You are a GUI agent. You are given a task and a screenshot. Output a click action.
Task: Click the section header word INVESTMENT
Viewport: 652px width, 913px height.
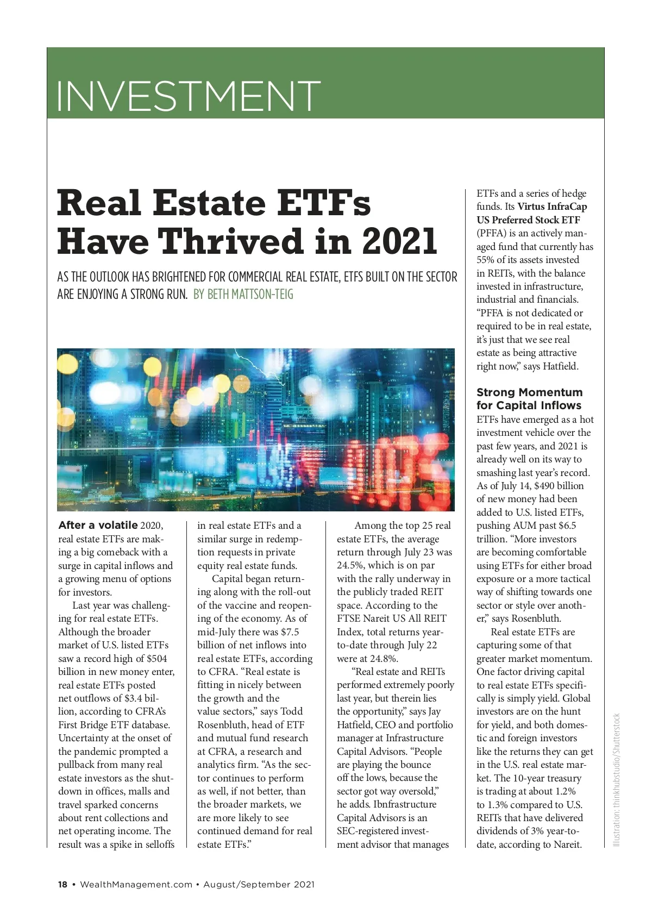click(x=188, y=96)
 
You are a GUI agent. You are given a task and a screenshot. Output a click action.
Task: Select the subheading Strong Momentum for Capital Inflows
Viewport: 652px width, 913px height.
click(x=529, y=399)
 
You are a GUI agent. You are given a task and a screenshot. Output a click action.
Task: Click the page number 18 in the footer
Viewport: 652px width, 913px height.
click(x=63, y=884)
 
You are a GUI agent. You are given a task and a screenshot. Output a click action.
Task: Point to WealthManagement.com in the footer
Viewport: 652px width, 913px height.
click(x=136, y=884)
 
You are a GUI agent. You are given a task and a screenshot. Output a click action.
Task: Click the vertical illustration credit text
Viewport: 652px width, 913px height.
click(x=616, y=779)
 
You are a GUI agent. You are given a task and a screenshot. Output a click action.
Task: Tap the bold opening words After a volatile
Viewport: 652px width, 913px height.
click(x=98, y=526)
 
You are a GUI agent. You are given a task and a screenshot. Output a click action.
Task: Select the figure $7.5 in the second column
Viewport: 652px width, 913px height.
click(x=290, y=632)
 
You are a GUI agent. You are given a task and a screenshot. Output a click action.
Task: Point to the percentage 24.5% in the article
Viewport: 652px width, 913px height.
click(x=350, y=565)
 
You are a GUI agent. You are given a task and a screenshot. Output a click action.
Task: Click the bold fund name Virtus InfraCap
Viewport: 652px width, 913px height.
click(x=552, y=207)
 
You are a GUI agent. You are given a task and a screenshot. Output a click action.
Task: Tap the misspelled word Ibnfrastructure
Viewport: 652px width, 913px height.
click(x=405, y=804)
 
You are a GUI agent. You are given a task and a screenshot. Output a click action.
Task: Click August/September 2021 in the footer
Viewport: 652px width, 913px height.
click(x=259, y=884)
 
